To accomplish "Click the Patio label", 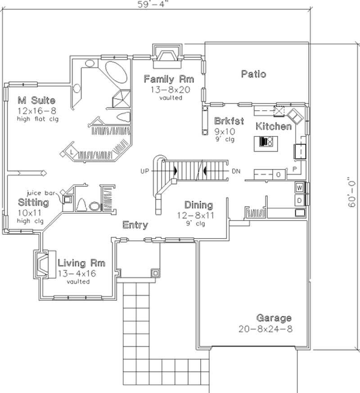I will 253,74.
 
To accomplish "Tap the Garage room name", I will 274,318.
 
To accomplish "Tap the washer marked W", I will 299,187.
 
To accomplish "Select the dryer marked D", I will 299,199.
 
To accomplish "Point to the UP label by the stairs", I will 145,172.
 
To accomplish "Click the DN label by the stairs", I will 236,172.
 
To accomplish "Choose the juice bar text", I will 40,192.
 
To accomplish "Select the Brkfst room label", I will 229,121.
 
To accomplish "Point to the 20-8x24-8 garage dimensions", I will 265,329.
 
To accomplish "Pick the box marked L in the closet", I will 72,153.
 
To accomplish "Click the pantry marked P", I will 295,169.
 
